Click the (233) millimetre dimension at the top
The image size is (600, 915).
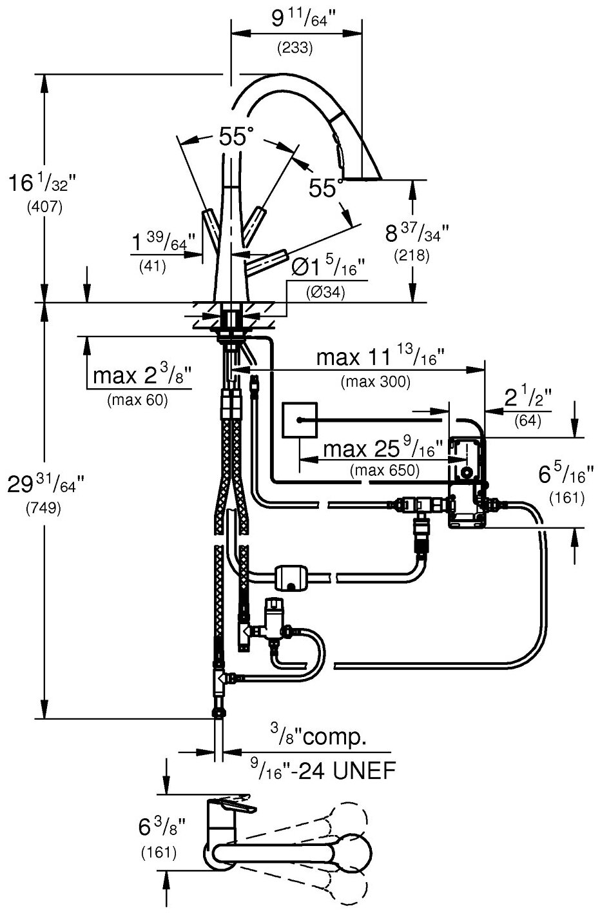click(x=295, y=47)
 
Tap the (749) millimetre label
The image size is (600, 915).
click(x=43, y=509)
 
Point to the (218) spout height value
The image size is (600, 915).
click(x=412, y=255)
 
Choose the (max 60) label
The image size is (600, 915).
click(x=137, y=400)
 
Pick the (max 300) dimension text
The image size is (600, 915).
click(x=375, y=382)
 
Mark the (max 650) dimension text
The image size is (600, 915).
click(x=384, y=470)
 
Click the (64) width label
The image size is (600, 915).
click(x=528, y=422)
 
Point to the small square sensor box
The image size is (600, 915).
click(x=300, y=419)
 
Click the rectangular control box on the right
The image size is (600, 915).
click(x=465, y=480)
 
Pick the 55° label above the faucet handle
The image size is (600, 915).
click(x=236, y=136)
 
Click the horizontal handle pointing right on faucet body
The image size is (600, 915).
click(x=268, y=260)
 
